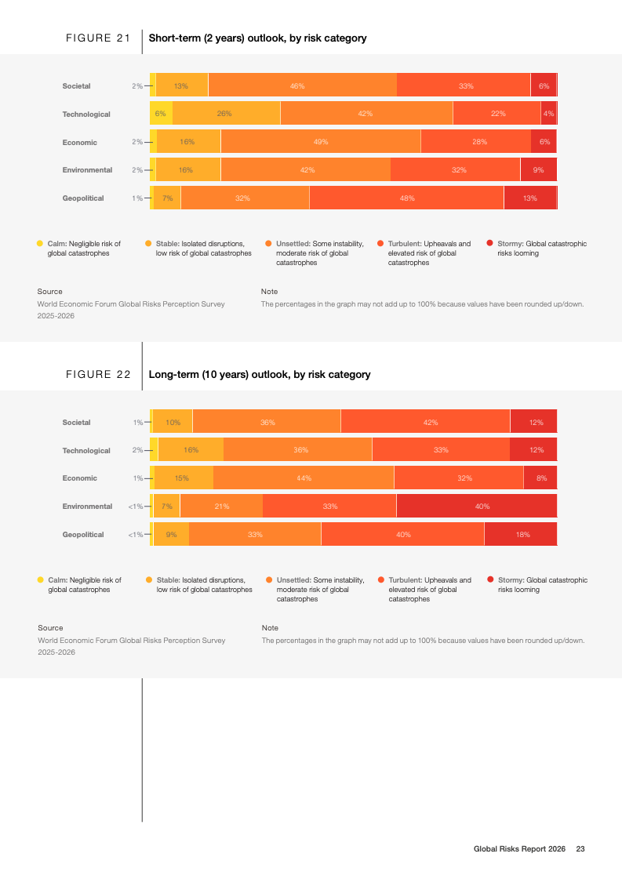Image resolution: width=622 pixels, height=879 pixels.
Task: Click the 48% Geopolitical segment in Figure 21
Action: tap(406, 198)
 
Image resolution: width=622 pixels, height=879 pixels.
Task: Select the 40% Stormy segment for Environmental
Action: tap(477, 507)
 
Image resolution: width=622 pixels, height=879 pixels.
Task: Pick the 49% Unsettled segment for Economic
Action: tap(320, 142)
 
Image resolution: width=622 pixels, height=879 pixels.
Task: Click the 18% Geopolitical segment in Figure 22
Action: tap(521, 535)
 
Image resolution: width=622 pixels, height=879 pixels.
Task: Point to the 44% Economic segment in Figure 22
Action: tap(304, 478)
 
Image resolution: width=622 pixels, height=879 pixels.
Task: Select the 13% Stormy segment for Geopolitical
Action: tap(530, 198)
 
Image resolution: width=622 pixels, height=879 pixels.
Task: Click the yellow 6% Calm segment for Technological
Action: tap(161, 114)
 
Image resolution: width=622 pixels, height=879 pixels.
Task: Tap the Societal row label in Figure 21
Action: tap(77, 85)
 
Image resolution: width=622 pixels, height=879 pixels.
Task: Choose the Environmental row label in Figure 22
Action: tap(87, 507)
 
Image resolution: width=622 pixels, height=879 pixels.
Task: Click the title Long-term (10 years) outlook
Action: tap(260, 375)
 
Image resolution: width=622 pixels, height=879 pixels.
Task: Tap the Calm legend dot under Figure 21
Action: tap(40, 244)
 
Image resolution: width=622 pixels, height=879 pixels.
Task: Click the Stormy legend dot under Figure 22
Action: tap(490, 580)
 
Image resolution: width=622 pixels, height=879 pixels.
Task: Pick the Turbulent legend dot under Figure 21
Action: tap(380, 244)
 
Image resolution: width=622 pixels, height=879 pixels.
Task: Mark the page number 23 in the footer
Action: tap(580, 849)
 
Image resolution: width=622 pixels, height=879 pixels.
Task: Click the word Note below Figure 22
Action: tap(270, 628)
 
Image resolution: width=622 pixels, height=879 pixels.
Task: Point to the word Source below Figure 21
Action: tap(49, 292)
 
